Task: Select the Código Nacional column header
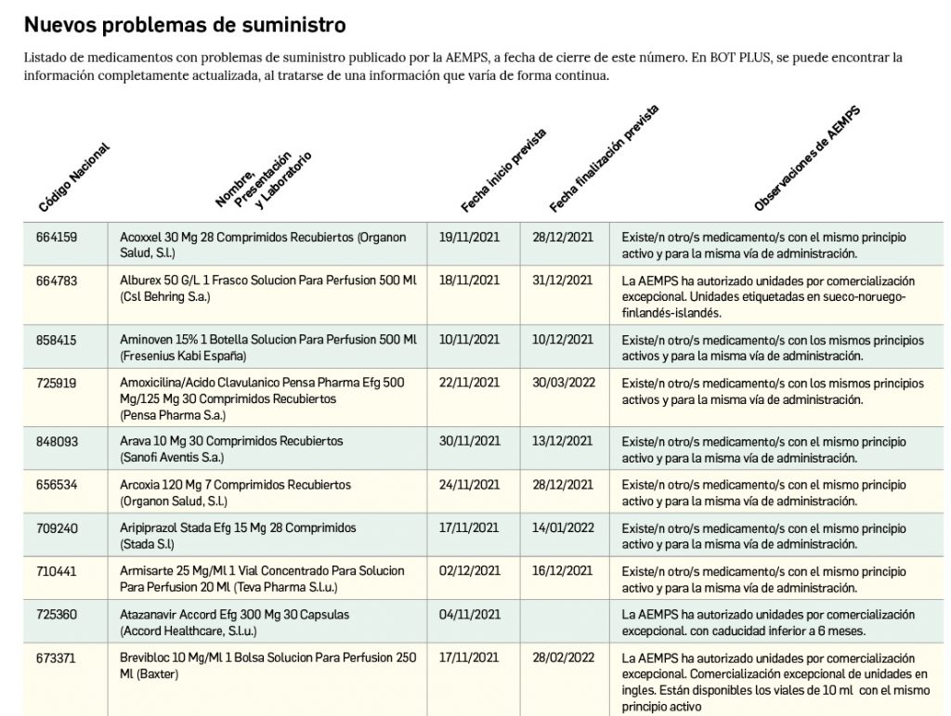[74, 176]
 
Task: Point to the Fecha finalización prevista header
[604, 159]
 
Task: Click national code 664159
[57, 238]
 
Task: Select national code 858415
[57, 341]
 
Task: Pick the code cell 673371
[57, 657]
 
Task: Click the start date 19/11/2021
[469, 238]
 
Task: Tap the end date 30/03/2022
[563, 383]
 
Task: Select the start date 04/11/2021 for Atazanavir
[469, 615]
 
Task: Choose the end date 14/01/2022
[563, 528]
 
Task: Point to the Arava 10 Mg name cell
[232, 449]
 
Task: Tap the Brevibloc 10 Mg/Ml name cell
[268, 665]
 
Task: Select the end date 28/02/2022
[563, 657]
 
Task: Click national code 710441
[57, 571]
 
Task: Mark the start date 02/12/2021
[469, 571]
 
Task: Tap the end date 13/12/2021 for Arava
[563, 441]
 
